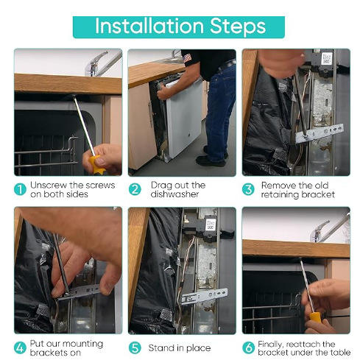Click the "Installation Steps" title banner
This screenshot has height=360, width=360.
pos(179,27)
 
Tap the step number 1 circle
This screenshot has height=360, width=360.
pos(20,189)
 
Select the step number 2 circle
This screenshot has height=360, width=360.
pos(135,189)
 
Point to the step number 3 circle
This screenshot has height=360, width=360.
pos(248,189)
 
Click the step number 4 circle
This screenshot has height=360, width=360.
pos(20,348)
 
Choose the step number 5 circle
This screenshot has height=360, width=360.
pos(135,348)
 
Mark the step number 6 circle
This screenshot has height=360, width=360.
pos(248,348)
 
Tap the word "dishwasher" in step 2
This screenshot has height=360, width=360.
pos(174,194)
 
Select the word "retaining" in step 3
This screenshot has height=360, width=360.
pos(280,195)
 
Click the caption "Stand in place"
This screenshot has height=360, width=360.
pos(180,348)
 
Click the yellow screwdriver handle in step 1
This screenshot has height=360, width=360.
pos(96,165)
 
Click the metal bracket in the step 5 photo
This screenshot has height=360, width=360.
pos(205,296)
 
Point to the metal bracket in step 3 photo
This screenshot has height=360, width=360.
pos(320,133)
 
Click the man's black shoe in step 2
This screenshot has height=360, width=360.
pos(211,162)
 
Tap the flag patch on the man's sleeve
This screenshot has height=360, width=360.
pos(188,58)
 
